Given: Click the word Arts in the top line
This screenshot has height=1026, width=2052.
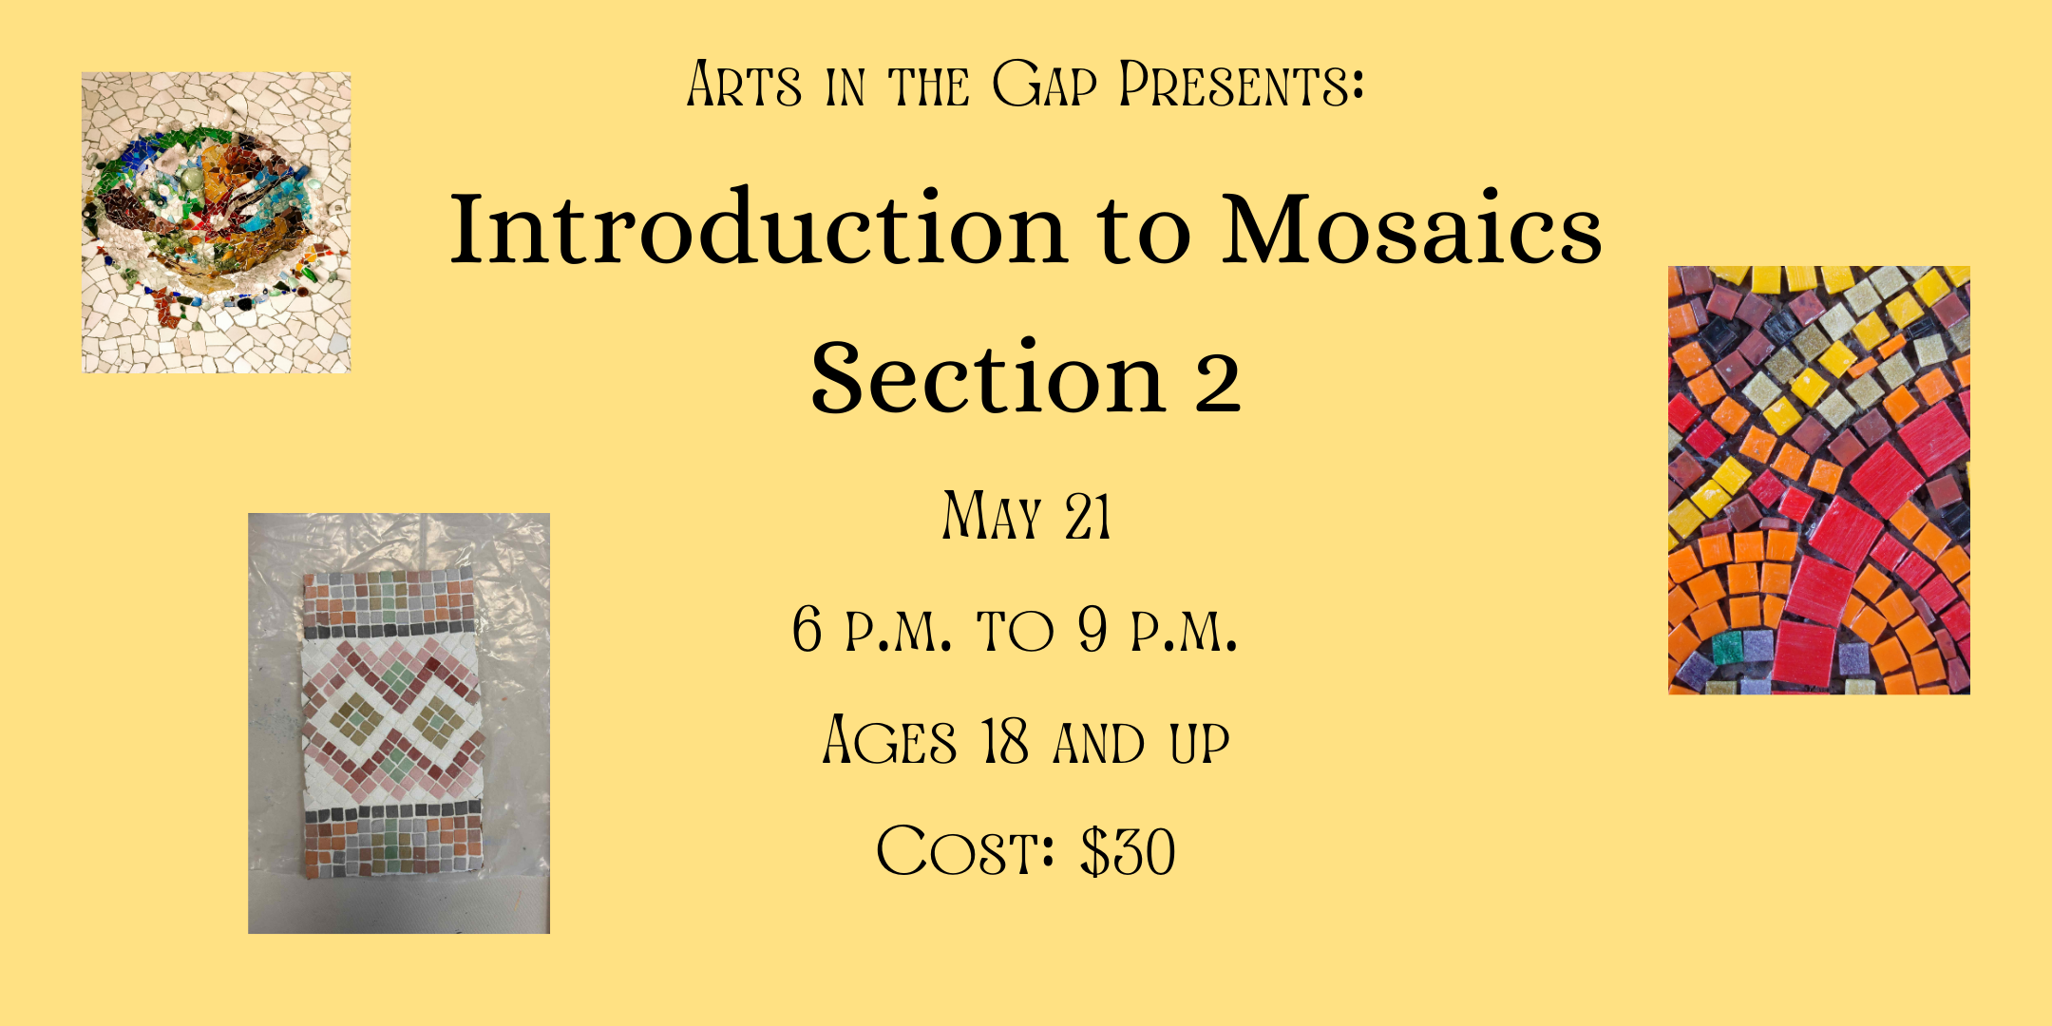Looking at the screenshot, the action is coord(744,84).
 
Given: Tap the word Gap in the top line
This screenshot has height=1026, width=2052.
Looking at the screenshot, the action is coord(1044,84).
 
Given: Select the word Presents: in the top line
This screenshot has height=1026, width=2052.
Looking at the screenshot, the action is coord(1242,84).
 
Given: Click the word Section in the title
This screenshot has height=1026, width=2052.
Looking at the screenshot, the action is coord(988,377).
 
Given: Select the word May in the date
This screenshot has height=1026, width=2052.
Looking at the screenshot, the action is coord(992,516).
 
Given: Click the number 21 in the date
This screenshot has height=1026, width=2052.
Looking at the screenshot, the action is coord(1088,517).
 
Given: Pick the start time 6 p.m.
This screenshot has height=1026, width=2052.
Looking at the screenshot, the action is coord(871,628).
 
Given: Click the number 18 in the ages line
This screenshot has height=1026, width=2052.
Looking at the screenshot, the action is coord(1005,740).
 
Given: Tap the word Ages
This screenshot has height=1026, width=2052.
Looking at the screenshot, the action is coord(889,740).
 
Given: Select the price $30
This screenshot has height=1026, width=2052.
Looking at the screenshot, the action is coord(1129,851).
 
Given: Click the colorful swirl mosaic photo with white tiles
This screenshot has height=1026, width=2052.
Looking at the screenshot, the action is coord(217,222).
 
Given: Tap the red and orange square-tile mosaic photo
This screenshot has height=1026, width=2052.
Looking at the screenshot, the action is coord(1819,480).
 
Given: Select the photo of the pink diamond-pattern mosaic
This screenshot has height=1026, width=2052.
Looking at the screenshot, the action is coord(399,723).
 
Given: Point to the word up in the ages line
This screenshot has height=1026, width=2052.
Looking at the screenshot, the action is coord(1200,743).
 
